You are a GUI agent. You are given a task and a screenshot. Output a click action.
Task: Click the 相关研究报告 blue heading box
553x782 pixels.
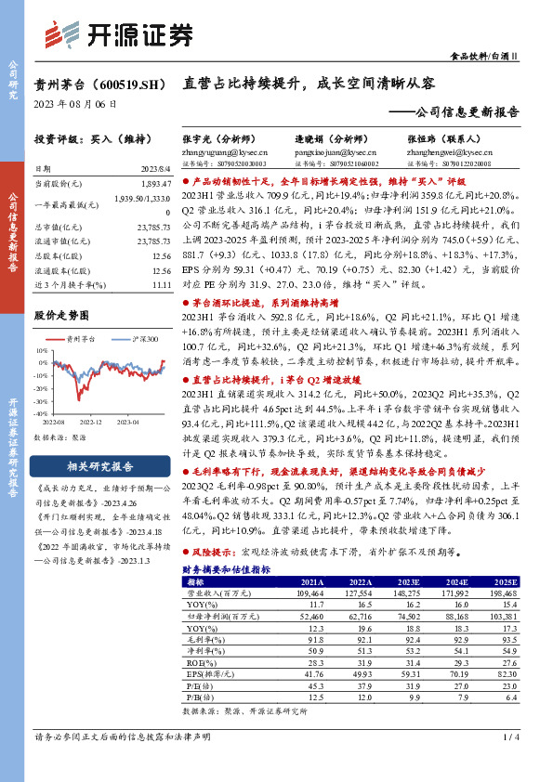click(102, 466)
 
